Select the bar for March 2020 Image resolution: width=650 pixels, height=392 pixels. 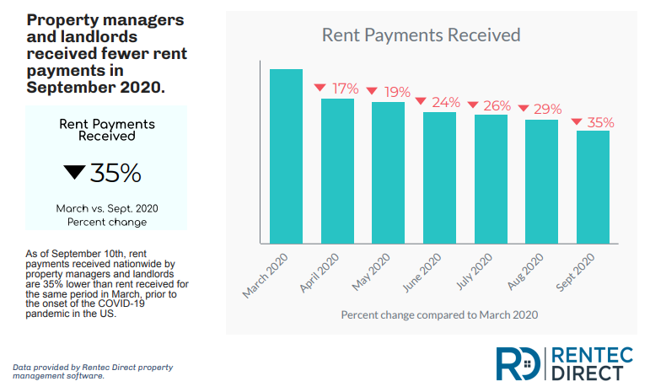[286, 156]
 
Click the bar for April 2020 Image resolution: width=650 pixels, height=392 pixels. [337, 171]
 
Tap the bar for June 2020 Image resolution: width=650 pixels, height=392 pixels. [439, 178]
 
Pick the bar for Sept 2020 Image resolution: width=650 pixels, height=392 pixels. [593, 187]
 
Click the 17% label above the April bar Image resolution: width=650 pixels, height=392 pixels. [345, 88]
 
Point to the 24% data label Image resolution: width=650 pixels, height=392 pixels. [446, 102]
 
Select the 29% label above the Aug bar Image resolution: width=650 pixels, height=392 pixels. [549, 109]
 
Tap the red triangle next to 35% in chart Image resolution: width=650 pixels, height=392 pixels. [576, 122]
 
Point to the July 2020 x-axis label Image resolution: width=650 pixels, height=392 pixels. [475, 272]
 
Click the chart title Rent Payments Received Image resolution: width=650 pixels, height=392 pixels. [421, 35]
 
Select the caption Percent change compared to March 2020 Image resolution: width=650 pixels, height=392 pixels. [439, 314]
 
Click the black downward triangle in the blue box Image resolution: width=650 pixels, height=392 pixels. [74, 173]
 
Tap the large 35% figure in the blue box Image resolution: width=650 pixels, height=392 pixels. [115, 172]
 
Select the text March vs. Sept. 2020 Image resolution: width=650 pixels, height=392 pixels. [107, 208]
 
